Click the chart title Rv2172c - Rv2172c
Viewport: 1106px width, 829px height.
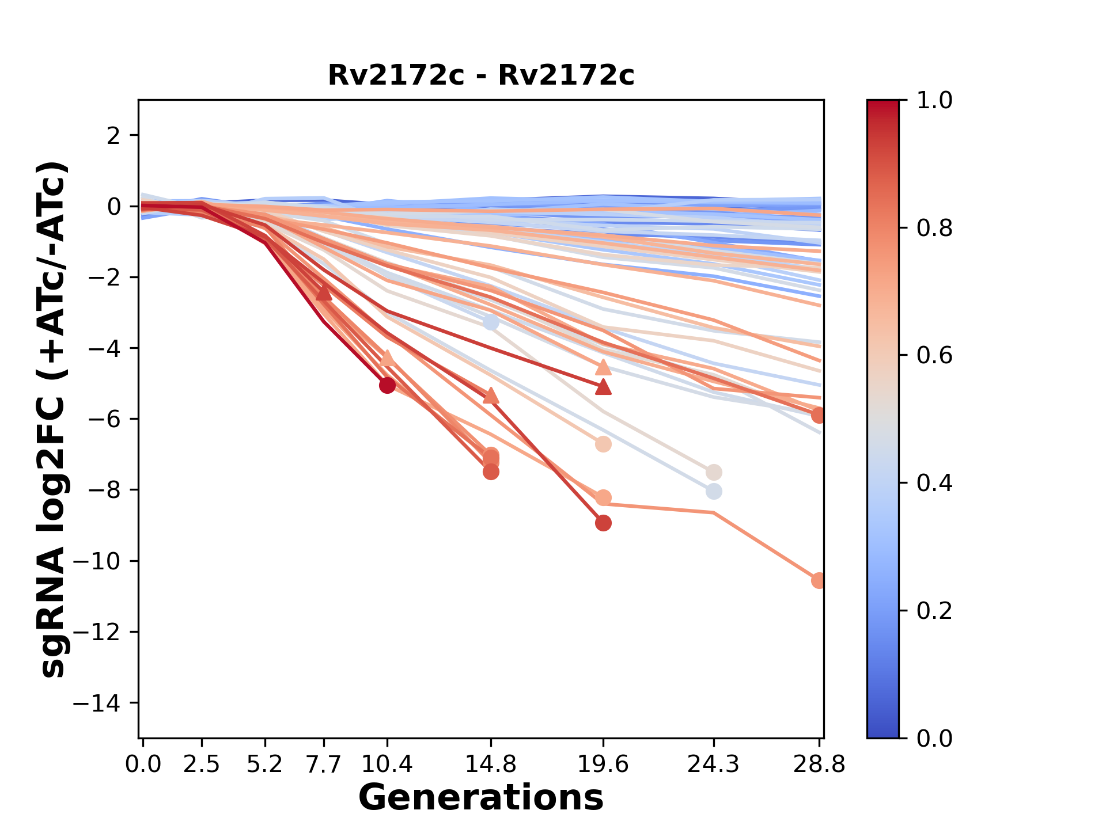point(481,75)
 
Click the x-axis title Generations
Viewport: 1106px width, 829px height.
point(481,798)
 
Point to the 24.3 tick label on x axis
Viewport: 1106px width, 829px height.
point(714,765)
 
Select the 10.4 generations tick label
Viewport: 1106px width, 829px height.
point(387,765)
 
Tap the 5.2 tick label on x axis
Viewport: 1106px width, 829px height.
point(265,765)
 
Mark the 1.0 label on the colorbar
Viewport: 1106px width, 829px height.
point(934,100)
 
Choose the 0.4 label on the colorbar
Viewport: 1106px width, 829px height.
point(934,483)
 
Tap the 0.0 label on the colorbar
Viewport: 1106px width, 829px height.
point(934,738)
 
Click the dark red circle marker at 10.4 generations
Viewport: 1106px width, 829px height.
point(387,385)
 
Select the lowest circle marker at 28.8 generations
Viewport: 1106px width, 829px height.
point(818,580)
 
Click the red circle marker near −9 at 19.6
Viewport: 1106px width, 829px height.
point(603,523)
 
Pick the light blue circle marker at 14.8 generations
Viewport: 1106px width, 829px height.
point(491,322)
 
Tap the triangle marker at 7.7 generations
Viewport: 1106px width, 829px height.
point(324,293)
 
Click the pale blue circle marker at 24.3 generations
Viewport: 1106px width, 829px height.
point(714,492)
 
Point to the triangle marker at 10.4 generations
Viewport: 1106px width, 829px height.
point(387,359)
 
